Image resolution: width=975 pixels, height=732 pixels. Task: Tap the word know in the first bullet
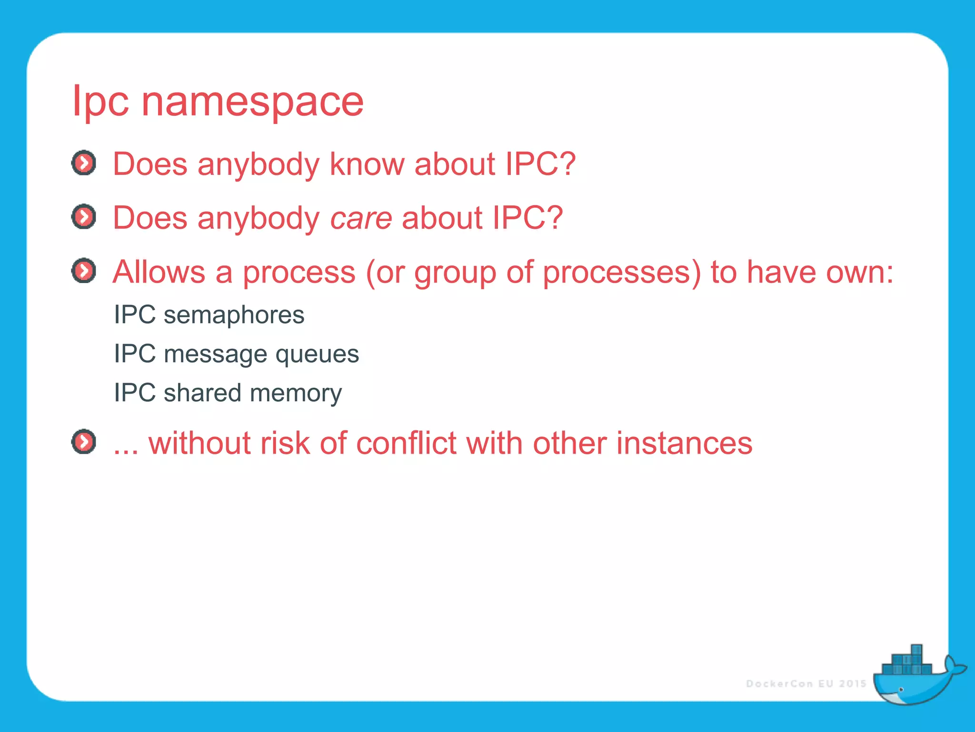point(367,164)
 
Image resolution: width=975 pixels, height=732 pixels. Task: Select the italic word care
point(361,218)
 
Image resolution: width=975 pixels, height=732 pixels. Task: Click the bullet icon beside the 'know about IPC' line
point(84,163)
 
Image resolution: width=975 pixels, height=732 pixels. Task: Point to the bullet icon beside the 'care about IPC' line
point(84,217)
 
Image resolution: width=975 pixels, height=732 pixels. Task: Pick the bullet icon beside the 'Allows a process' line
point(84,271)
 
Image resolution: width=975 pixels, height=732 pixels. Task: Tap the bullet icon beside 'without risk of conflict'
point(84,442)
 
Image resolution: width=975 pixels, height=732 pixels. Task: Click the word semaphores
point(234,315)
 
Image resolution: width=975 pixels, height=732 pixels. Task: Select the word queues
point(317,355)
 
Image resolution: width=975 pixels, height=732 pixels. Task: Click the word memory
point(296,394)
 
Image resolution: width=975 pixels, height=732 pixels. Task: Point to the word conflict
point(407,443)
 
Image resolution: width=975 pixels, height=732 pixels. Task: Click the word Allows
point(159,272)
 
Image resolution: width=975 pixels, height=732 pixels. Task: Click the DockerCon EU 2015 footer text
point(806,684)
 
